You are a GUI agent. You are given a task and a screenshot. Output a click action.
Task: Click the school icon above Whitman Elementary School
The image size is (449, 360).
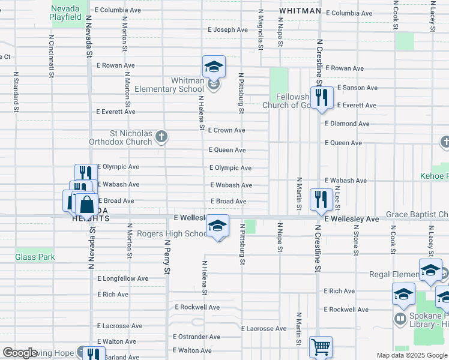coord(214,67)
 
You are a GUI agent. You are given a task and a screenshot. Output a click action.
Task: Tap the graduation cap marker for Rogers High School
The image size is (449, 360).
coord(217,226)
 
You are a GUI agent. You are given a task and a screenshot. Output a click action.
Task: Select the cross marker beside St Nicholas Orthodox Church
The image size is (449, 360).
coord(161,137)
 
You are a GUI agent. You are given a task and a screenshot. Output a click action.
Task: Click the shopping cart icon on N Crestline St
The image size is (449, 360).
coord(321,347)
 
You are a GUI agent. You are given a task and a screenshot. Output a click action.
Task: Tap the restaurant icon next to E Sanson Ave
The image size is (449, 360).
coord(322,97)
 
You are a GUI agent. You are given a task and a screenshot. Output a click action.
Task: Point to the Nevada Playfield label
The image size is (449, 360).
coord(66,13)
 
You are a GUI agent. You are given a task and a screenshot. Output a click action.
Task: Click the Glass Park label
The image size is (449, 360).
coord(35,257)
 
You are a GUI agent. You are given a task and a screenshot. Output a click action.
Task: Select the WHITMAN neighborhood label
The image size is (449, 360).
coord(300,11)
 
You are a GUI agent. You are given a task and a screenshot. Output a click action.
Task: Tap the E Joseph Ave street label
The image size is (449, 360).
coord(228,29)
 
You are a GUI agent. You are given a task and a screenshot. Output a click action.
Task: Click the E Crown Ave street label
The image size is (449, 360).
coord(227,130)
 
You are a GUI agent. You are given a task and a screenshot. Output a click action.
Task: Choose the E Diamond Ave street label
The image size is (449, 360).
coord(347,124)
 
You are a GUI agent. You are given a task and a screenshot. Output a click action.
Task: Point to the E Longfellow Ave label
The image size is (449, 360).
coord(122,278)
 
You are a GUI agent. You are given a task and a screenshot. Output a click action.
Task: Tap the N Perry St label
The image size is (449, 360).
coord(167,257)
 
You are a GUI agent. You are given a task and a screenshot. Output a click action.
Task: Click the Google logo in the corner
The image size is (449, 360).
coord(20,353)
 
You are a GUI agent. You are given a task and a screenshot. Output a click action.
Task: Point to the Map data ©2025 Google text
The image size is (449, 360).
coord(411,355)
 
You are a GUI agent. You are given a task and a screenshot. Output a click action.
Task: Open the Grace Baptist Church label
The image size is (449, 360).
coord(417,214)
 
